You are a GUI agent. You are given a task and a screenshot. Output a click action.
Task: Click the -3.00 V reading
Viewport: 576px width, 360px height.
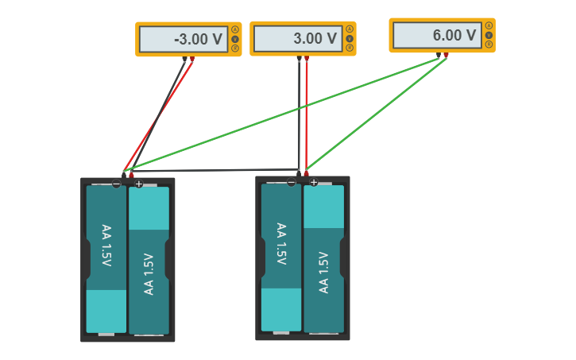tap(198, 39)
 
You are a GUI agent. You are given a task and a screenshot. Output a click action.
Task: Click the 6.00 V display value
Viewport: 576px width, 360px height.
tap(454, 36)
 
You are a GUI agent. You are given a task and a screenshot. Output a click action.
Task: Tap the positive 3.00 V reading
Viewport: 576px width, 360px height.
tap(315, 39)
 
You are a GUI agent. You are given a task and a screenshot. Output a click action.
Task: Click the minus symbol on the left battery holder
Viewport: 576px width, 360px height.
tap(117, 184)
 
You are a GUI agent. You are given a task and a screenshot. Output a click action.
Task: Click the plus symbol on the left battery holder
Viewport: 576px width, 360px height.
tap(139, 184)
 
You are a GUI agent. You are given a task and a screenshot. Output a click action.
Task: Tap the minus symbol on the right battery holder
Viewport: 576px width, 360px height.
tap(292, 183)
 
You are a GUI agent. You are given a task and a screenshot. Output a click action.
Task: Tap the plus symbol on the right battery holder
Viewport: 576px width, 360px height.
tap(314, 183)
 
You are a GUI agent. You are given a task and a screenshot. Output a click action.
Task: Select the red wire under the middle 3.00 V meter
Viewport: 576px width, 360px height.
tap(307, 111)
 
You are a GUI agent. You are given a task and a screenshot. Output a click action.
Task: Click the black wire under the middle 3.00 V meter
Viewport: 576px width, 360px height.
tap(299, 111)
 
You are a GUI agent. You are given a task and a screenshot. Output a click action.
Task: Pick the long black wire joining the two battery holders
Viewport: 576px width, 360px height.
tap(215, 169)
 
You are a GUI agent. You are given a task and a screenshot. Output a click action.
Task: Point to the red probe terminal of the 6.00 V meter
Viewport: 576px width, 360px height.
tap(446, 55)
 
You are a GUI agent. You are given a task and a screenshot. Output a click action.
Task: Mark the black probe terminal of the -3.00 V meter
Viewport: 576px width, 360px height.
tap(184, 59)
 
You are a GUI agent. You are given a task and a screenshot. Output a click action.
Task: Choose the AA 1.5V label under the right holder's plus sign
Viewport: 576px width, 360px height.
tap(323, 273)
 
